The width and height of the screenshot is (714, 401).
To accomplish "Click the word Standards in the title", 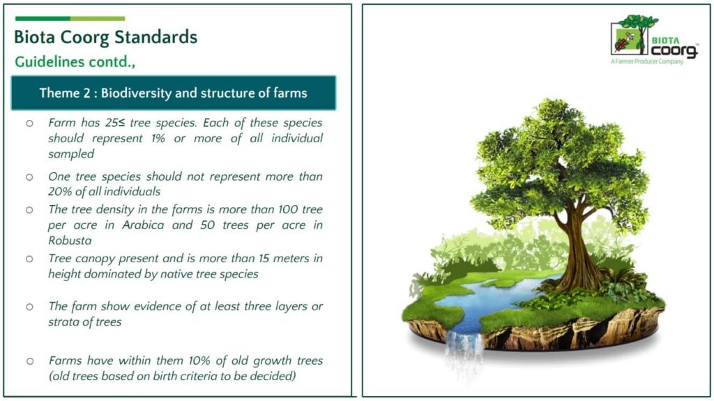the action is (155, 37).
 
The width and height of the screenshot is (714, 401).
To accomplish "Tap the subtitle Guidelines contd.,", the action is (75, 61).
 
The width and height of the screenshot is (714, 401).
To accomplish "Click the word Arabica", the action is (143, 225).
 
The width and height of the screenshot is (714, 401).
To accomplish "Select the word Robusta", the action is (70, 241).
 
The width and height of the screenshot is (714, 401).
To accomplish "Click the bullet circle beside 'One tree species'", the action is (29, 177).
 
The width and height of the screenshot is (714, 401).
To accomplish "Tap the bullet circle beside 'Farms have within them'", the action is (29, 361).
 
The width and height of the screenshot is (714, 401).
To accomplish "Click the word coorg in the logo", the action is (674, 51).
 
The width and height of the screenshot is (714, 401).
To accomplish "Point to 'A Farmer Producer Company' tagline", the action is (647, 61).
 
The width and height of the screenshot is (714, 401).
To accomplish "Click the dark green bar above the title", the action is (43, 19).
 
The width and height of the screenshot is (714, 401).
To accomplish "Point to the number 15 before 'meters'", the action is (264, 258).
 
